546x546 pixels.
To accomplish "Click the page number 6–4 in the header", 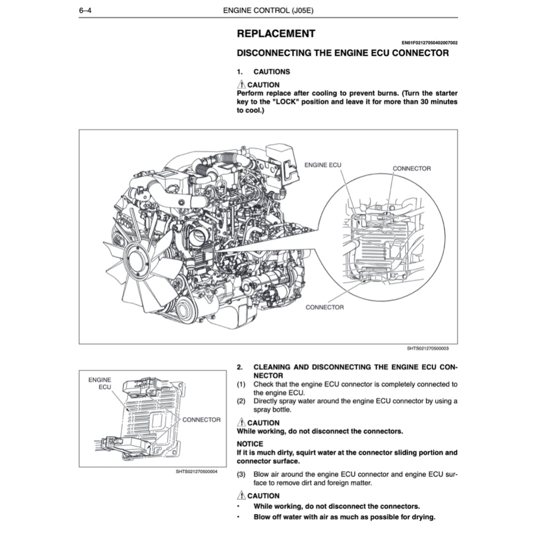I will click(86, 10).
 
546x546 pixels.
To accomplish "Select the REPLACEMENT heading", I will click(276, 34).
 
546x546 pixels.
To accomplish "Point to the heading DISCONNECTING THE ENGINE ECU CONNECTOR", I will click(342, 53).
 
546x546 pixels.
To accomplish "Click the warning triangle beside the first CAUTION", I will click(241, 84).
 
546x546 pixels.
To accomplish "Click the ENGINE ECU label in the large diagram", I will click(323, 165).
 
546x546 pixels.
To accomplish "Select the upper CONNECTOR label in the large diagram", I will click(412, 168).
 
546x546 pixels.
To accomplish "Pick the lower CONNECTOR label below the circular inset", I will click(324, 307).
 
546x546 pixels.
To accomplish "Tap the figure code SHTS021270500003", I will click(428, 349).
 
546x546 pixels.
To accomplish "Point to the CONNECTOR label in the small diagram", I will click(202, 420).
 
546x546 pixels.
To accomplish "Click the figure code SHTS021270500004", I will click(197, 471).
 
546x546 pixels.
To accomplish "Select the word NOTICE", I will click(250, 444).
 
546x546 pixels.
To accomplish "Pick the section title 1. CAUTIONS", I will click(263, 71).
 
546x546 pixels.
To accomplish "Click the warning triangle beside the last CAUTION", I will click(241, 495).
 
